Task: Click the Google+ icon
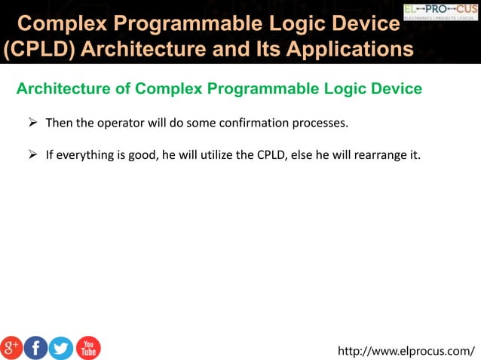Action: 11,347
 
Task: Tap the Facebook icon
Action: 36,347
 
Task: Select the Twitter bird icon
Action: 61,347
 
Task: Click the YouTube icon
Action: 88,347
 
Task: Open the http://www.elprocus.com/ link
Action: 406,350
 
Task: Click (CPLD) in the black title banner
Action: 38,50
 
